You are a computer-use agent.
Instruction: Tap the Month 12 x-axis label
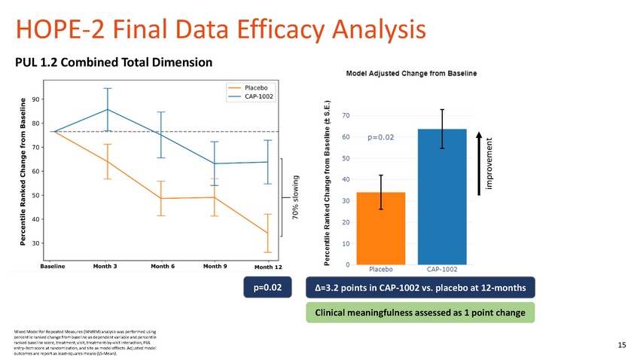(267, 267)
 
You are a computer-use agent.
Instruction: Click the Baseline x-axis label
(53, 266)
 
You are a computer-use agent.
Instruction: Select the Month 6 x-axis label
(163, 266)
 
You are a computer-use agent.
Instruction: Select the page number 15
(621, 345)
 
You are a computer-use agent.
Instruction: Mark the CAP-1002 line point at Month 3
(108, 109)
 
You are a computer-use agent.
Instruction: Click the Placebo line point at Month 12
(267, 233)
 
